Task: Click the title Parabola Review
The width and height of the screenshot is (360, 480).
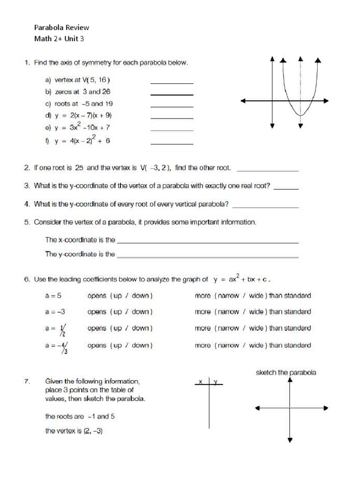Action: click(61, 28)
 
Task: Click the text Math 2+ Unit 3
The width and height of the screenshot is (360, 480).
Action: click(59, 39)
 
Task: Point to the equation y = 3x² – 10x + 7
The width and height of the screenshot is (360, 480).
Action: click(82, 127)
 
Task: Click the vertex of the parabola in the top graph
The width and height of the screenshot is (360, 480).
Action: click(300, 115)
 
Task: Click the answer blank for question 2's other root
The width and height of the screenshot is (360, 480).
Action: click(268, 170)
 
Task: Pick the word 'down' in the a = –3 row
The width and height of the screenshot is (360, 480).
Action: click(140, 312)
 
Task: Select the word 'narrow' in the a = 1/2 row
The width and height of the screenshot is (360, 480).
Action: click(228, 329)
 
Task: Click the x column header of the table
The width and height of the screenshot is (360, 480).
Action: click(201, 382)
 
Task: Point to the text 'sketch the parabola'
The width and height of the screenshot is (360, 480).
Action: click(286, 373)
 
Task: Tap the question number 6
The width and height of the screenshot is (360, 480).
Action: click(27, 279)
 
